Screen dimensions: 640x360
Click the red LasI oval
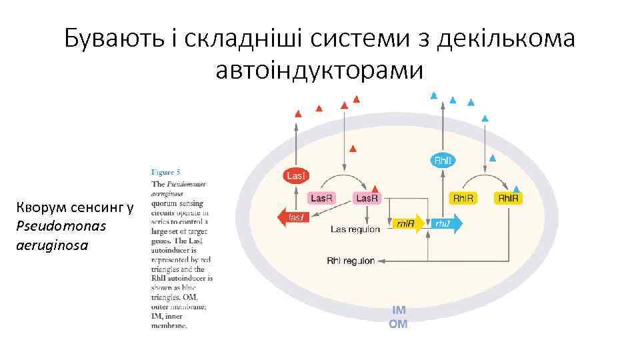[295, 175]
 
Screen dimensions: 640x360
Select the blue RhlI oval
[443, 160]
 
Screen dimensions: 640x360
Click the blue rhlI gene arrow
[445, 224]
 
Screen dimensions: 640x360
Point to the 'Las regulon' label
[355, 229]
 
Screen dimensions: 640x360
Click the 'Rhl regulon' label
[351, 261]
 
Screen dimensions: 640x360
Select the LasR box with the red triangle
[367, 198]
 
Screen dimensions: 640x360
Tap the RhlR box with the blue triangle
[507, 198]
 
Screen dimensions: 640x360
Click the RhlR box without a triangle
[463, 198]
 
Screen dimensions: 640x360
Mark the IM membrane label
[399, 311]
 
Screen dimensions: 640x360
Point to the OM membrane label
[398, 325]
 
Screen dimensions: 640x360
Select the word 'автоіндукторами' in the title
[319, 68]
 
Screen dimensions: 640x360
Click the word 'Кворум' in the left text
[41, 209]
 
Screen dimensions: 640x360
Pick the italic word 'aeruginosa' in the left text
[46, 245]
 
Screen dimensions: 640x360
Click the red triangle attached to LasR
[375, 189]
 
